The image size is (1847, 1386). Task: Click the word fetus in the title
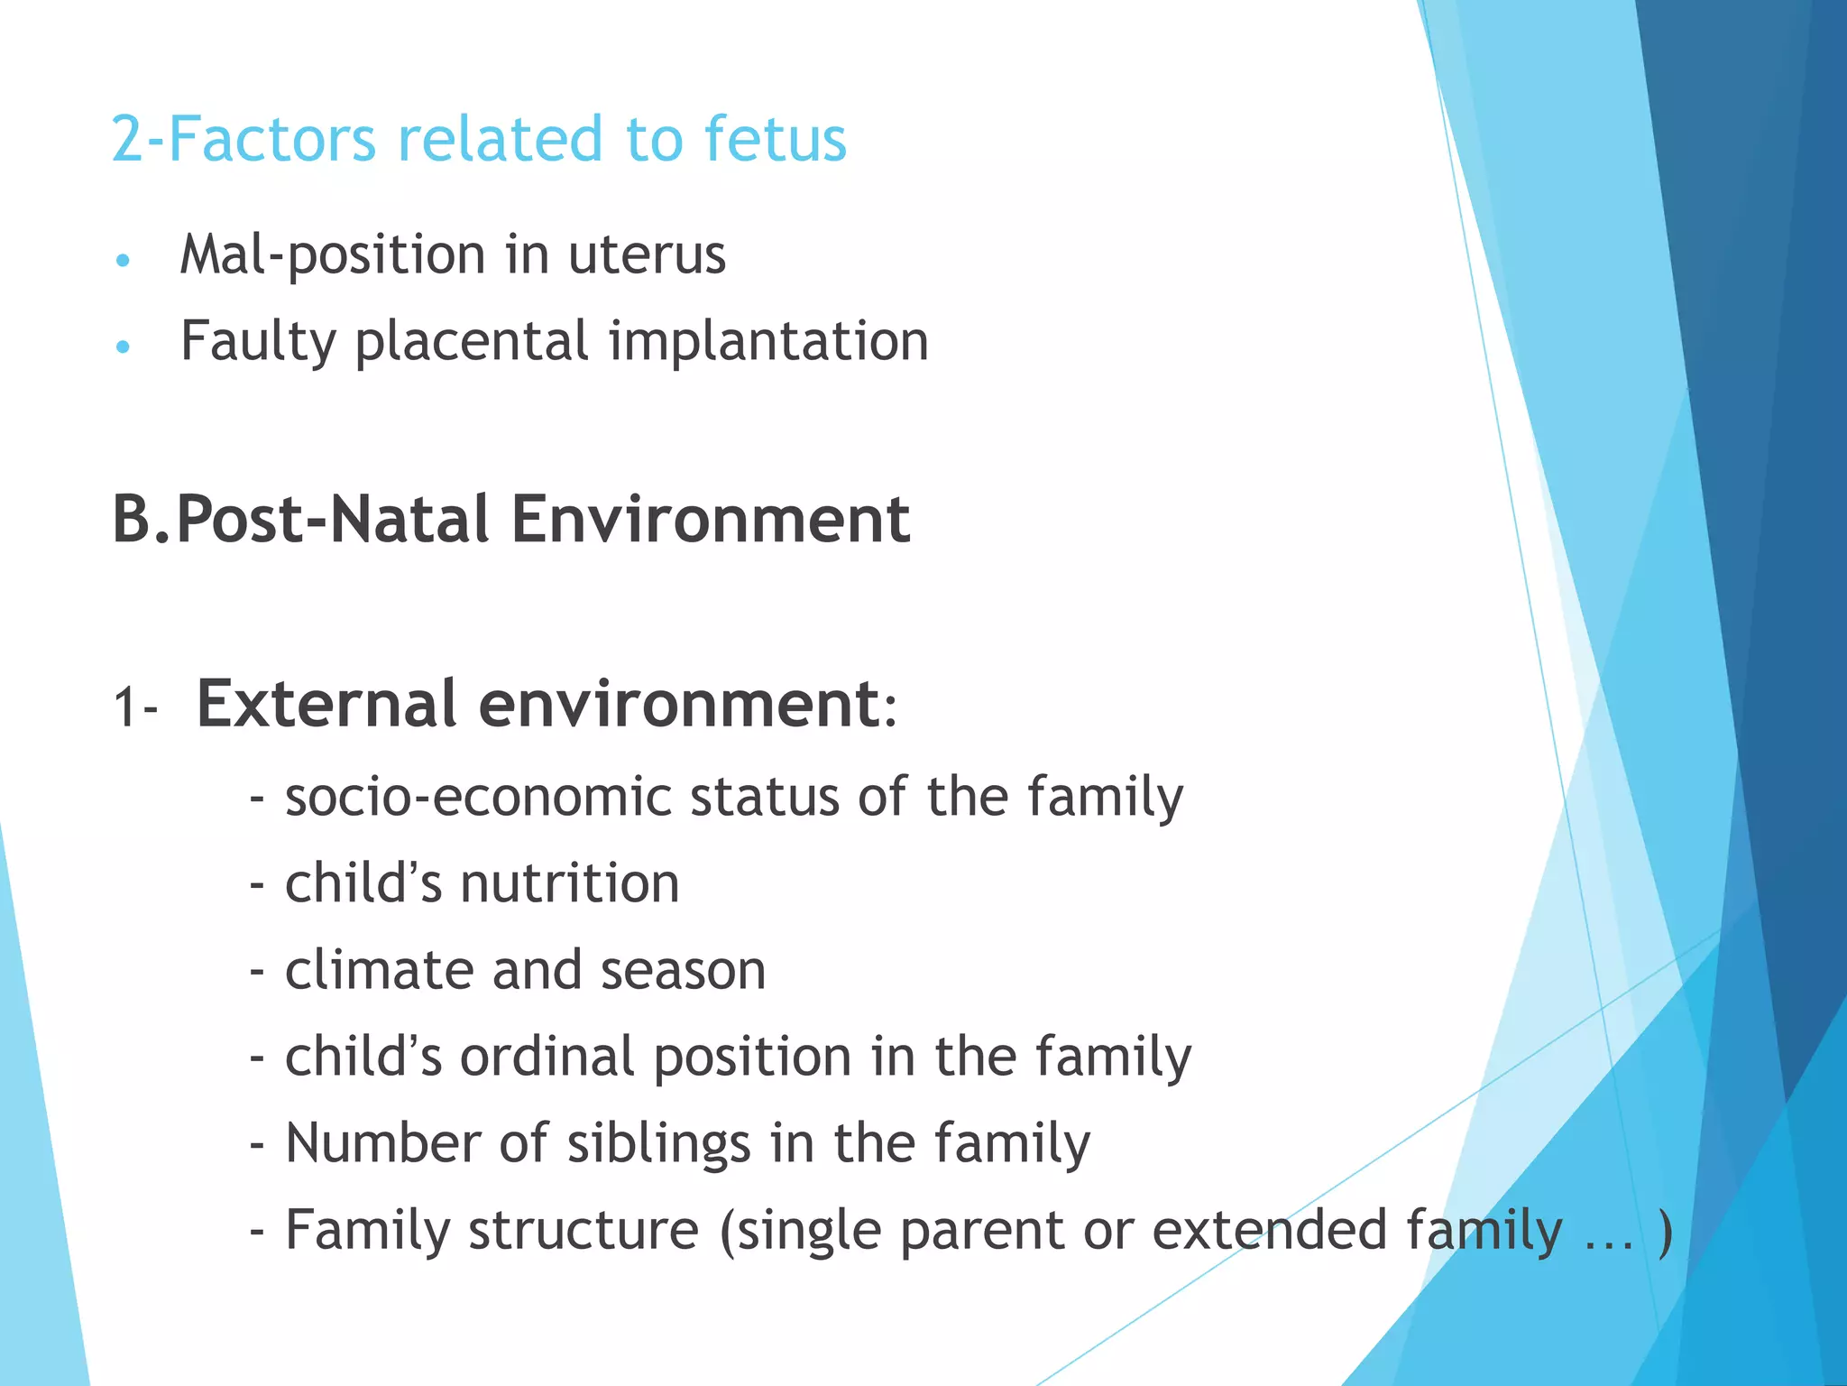(775, 140)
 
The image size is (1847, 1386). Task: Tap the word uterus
(647, 255)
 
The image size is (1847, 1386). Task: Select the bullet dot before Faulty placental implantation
(124, 346)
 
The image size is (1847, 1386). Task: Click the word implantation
(768, 343)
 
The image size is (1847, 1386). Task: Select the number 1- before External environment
(135, 707)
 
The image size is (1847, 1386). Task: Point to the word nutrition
(570, 883)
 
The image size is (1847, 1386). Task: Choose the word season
(683, 971)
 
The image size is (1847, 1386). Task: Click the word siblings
(658, 1144)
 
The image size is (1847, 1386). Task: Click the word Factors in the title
(271, 140)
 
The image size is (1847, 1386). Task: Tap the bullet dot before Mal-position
(124, 261)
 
